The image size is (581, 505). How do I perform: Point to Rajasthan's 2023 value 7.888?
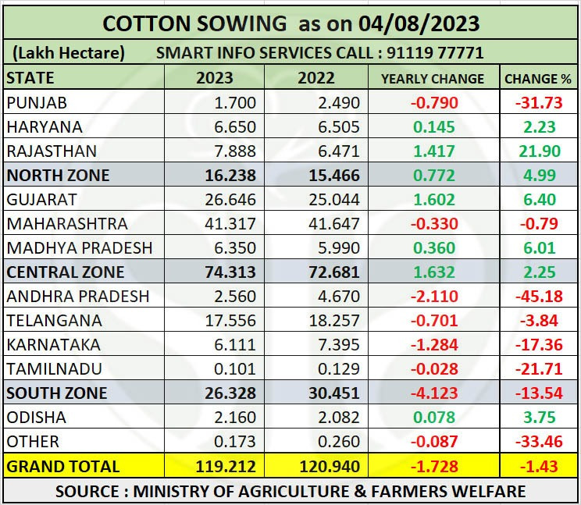pos(229,151)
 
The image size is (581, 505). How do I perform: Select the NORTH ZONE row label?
pos(58,175)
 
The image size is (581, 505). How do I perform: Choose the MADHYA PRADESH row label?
pos(80,247)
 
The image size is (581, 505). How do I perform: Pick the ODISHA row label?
pos(36,417)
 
